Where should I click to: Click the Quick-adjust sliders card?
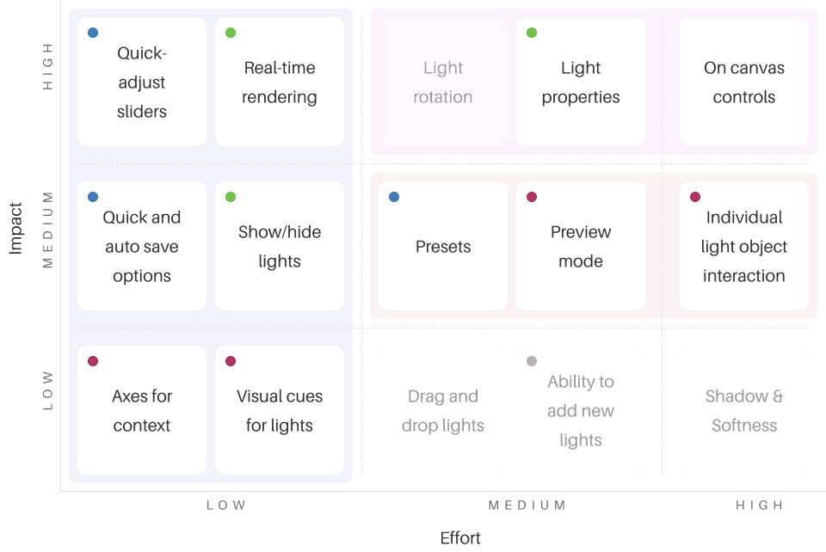(x=142, y=83)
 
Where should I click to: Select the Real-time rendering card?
(x=280, y=83)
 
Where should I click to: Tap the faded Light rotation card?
(x=443, y=83)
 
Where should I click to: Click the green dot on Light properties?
(x=532, y=33)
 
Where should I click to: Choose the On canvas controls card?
(x=744, y=83)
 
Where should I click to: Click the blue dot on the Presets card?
(x=394, y=197)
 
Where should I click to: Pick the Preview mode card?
(x=581, y=247)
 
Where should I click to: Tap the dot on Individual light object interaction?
(x=695, y=197)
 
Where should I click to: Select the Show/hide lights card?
(x=280, y=247)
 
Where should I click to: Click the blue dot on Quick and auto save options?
(x=93, y=197)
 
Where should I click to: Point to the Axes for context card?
(x=142, y=411)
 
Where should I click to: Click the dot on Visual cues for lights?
(x=231, y=361)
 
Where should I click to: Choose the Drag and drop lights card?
(x=443, y=411)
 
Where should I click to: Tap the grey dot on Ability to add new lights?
(x=532, y=361)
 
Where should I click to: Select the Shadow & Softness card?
(x=744, y=411)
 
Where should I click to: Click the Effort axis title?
(x=460, y=538)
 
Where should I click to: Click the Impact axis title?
(x=15, y=228)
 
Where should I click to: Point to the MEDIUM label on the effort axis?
(x=527, y=506)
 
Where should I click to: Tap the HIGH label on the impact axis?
(x=48, y=66)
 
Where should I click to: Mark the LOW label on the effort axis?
(x=226, y=506)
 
